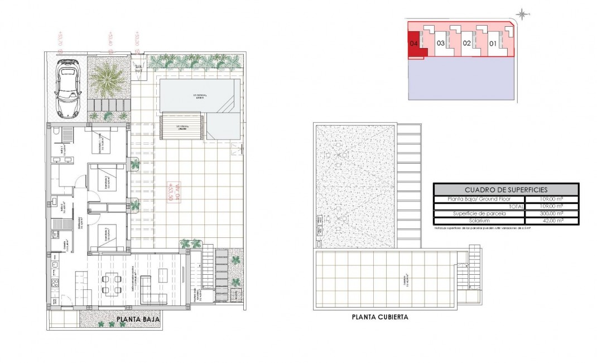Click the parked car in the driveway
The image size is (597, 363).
[67, 89]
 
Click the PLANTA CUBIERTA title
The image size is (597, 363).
[380, 317]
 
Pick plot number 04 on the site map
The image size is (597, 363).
[414, 43]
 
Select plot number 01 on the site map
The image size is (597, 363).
[493, 43]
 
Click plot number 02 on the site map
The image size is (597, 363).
[466, 43]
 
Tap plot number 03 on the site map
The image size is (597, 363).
[440, 43]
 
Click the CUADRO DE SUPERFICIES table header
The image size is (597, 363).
[506, 190]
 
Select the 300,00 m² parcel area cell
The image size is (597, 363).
[552, 213]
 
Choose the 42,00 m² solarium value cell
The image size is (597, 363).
[552, 221]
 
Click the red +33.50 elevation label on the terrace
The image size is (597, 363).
[171, 192]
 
